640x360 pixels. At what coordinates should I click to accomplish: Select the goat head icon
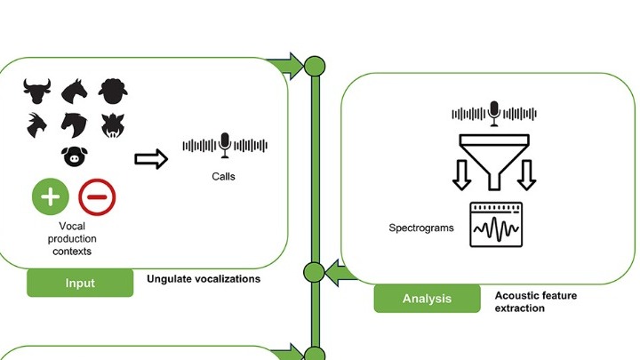(x=37, y=124)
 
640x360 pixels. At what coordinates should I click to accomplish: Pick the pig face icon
(x=75, y=157)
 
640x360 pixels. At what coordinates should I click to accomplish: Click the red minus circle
(x=98, y=197)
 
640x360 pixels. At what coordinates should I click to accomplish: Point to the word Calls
(x=224, y=176)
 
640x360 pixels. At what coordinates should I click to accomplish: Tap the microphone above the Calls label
(x=225, y=145)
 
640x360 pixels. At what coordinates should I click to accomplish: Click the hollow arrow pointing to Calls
(x=150, y=158)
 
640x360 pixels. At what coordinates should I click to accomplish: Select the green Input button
(x=80, y=283)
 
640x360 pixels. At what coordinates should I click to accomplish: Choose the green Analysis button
(x=427, y=299)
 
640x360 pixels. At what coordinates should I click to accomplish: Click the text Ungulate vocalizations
(x=204, y=279)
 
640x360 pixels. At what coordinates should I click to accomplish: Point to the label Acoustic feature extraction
(x=532, y=300)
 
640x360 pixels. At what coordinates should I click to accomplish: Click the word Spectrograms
(x=421, y=228)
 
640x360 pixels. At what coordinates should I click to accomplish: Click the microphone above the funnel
(x=494, y=112)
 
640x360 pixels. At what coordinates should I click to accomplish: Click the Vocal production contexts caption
(x=73, y=239)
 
